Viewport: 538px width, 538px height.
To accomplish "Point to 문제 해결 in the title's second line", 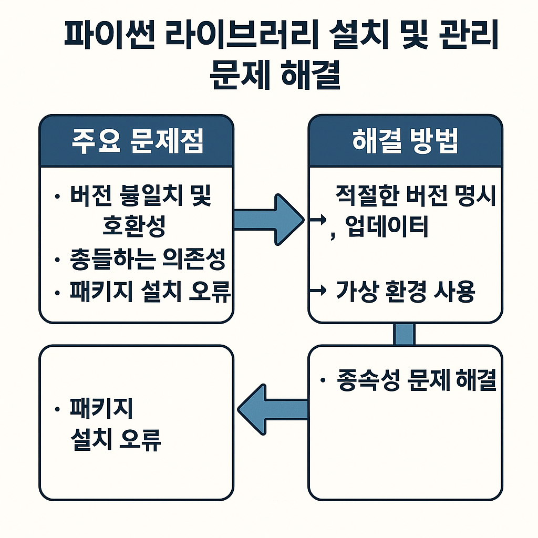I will coord(275,77).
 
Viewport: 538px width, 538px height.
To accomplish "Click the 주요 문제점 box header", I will coord(137,142).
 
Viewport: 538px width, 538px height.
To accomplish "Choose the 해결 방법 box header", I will coord(405,142).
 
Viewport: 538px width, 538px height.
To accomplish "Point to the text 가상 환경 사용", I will coord(405,292).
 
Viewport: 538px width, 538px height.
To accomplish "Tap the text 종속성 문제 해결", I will coord(416,381).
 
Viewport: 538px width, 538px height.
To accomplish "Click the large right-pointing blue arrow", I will coord(268,220).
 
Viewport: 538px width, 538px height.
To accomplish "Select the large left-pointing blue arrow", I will coord(272,408).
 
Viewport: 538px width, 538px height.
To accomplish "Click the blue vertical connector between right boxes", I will coord(404,334).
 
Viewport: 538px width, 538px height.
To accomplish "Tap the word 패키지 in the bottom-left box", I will coord(101,409).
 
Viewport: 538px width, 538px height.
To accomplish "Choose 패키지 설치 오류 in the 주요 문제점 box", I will coord(150,292).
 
